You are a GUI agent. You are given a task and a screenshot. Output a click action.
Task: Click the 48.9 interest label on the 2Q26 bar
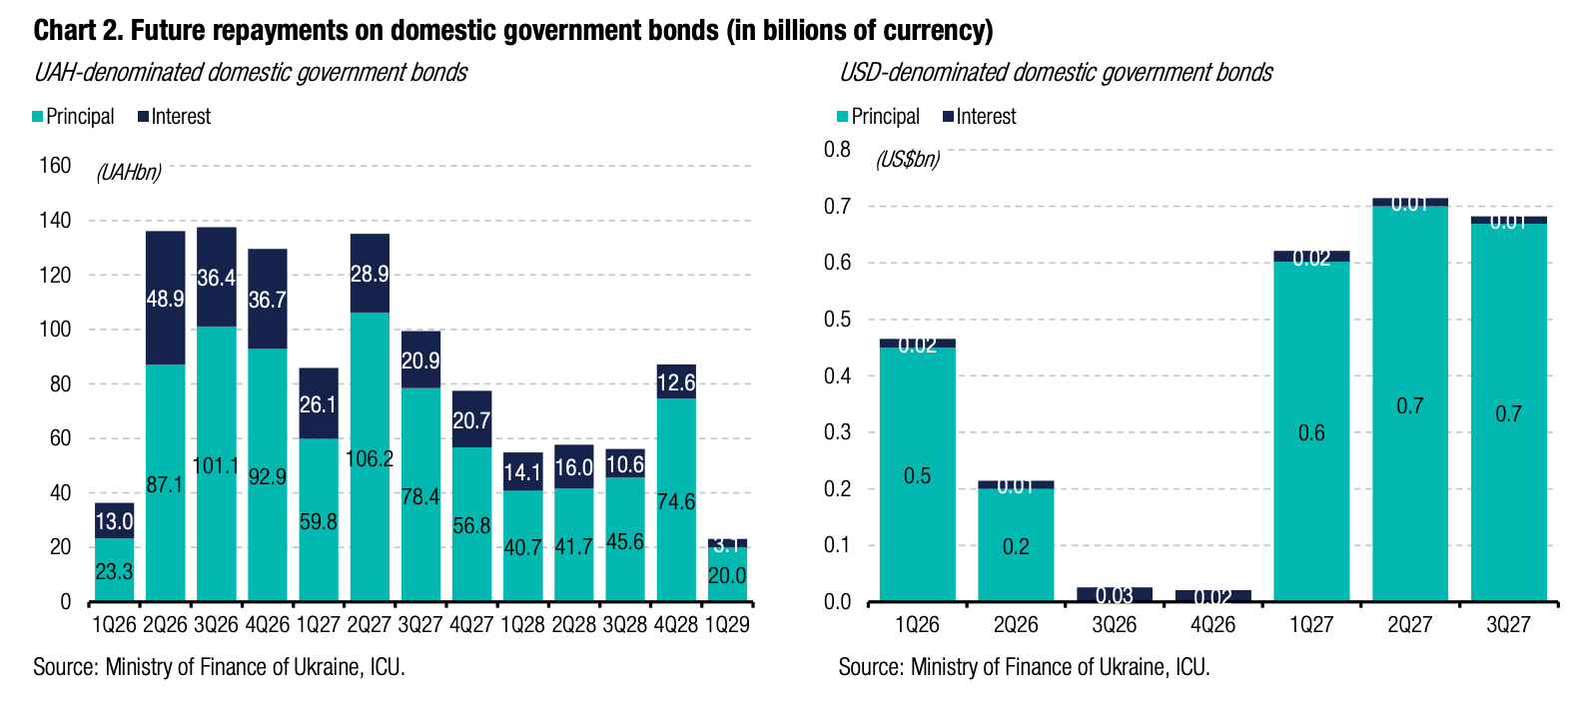pos(165,299)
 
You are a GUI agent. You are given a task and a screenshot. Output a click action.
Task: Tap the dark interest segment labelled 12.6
pos(676,382)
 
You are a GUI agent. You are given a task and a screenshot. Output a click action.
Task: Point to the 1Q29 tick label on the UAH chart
pos(727,625)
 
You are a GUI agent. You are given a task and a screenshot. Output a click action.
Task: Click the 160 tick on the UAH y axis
pos(55,166)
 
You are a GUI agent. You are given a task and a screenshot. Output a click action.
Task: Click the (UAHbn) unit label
pos(129,173)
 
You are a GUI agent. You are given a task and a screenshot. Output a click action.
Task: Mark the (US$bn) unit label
pos(908,160)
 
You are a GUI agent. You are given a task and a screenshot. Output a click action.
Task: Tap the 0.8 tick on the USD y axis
pos(837,150)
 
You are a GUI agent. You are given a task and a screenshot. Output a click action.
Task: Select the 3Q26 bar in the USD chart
pos(1114,594)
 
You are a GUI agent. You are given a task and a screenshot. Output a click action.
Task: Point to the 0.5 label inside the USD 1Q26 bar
pos(917,475)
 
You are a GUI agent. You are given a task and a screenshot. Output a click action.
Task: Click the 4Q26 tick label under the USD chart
pos(1212,625)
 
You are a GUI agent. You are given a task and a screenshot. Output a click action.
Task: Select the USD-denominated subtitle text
pos(1056,73)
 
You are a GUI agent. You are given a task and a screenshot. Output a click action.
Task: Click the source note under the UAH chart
pos(219,667)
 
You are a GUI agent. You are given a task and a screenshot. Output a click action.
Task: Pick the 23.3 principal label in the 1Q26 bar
pos(114,571)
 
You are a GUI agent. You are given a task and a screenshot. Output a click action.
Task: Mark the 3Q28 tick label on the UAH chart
pos(625,625)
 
